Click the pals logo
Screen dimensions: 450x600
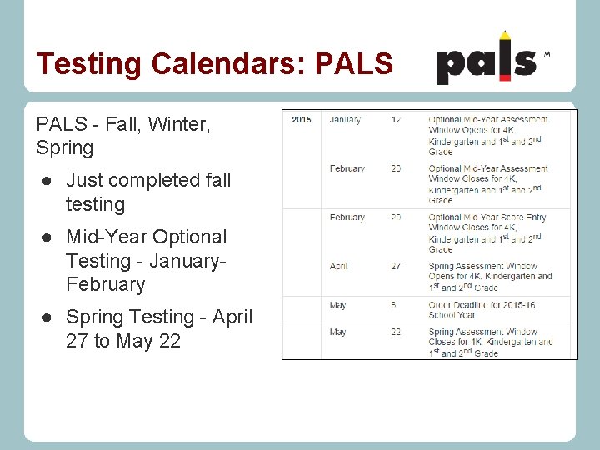point(487,60)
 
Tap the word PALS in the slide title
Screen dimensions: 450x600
point(353,63)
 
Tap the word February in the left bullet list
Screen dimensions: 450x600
point(105,284)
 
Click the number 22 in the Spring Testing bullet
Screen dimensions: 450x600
point(169,341)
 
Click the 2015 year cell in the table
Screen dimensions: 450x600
point(302,120)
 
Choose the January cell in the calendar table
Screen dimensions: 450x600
point(345,120)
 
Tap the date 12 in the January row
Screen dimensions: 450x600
point(396,120)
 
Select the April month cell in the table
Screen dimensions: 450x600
point(338,267)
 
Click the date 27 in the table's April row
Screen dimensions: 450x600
point(396,267)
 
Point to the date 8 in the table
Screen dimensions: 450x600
point(393,305)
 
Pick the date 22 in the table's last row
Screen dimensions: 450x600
point(396,332)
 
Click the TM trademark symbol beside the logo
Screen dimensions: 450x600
point(545,54)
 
